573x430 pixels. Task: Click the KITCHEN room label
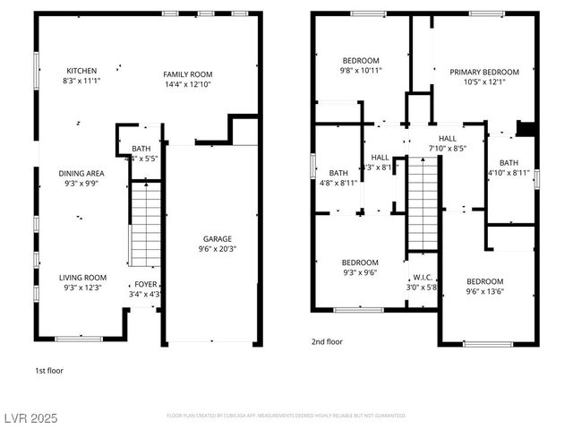coord(81,71)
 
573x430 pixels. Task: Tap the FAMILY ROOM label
coord(188,74)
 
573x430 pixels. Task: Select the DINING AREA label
coord(81,174)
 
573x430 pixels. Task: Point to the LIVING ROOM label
coord(82,278)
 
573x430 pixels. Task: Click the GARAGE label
coord(217,239)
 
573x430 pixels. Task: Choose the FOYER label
coord(145,284)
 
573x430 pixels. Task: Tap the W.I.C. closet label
coord(423,279)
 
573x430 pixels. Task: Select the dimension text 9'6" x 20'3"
coord(217,250)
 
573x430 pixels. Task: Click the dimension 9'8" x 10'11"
coord(361,70)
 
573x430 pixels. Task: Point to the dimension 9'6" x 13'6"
coord(484,290)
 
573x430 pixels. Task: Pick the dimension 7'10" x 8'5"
coord(448,149)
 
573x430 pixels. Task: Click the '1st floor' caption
coord(49,370)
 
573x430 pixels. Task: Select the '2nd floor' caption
coord(326,341)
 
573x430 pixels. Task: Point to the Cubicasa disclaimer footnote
coord(286,416)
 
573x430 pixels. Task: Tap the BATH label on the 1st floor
coord(141,149)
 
